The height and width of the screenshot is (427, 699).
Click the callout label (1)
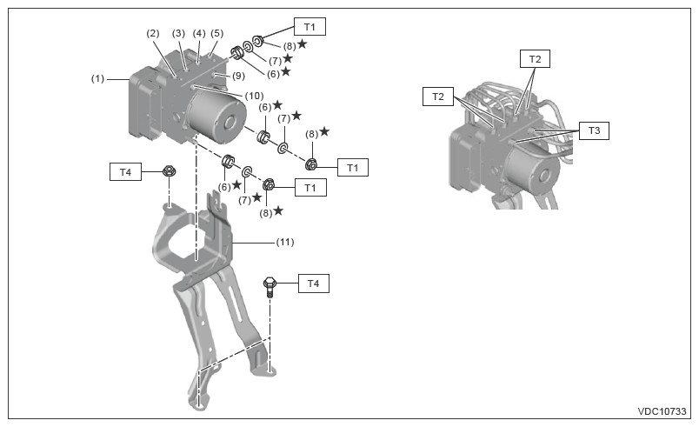(98, 78)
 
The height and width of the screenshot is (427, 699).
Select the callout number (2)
(153, 34)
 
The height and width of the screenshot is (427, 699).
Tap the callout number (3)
(178, 33)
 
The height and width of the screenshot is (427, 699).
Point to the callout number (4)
(199, 33)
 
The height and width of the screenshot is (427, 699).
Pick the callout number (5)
(216, 33)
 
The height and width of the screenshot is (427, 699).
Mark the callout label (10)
(254, 95)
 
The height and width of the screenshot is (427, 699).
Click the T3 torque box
(595, 130)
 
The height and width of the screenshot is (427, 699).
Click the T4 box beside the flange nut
(125, 173)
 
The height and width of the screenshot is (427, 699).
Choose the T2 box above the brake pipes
(535, 59)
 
